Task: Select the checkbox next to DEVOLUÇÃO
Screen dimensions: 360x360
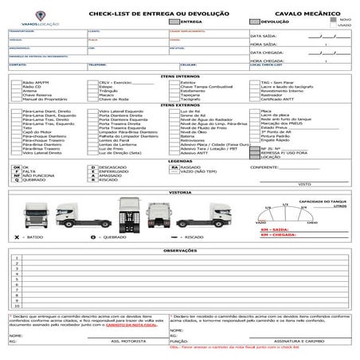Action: click(x=255, y=22)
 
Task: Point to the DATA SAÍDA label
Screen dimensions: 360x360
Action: click(x=263, y=36)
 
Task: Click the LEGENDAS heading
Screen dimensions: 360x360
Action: click(x=179, y=160)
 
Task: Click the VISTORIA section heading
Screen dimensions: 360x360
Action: click(x=179, y=192)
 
